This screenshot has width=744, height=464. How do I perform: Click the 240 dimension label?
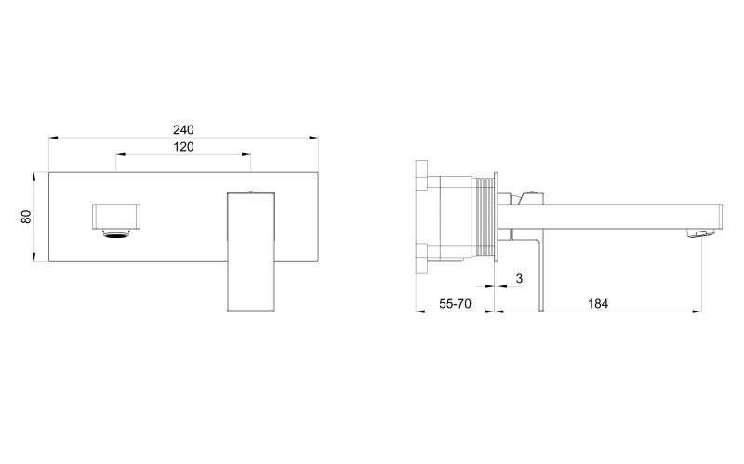coord(183,129)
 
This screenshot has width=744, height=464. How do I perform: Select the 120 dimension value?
coord(183,147)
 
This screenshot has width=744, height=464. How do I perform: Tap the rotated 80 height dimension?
coord(26,217)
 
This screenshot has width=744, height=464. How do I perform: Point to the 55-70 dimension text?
coord(455,304)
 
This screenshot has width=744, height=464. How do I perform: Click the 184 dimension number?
coord(598,304)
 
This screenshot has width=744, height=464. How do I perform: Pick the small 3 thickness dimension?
coord(519,279)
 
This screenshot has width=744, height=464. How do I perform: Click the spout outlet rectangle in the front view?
coord(116,216)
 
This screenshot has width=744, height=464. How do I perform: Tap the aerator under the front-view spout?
coord(116,232)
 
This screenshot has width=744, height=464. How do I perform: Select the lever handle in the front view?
coord(251,251)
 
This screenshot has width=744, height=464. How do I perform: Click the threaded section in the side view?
coord(483,218)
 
